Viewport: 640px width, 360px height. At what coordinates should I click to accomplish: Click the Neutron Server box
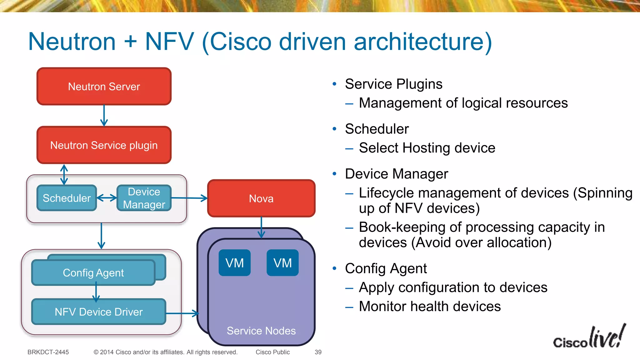(x=104, y=87)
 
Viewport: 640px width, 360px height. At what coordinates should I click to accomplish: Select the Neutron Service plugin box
(x=104, y=145)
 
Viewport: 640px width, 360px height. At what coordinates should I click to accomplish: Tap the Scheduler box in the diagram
(x=67, y=198)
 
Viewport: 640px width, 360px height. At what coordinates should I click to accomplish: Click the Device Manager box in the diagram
(x=144, y=198)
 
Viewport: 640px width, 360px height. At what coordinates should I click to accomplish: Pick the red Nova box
(x=261, y=198)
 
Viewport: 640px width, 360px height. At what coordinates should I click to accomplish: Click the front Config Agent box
(x=93, y=273)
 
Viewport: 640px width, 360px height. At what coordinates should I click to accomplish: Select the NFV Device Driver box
(x=98, y=312)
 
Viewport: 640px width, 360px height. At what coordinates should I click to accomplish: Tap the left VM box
(x=234, y=263)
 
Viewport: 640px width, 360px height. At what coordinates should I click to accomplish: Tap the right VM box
(x=282, y=263)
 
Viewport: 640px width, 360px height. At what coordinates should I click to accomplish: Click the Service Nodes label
(x=261, y=331)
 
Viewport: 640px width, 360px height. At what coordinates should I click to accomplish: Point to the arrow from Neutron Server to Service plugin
(x=104, y=116)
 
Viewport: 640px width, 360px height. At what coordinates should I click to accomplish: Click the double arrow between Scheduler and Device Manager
(x=107, y=198)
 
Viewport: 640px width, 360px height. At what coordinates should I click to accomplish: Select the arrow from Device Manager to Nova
(x=189, y=198)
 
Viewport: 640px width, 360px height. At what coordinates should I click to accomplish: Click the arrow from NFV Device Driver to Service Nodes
(x=182, y=313)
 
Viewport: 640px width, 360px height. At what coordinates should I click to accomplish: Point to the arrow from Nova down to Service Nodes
(x=262, y=227)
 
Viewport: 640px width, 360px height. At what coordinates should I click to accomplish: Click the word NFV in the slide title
(x=169, y=42)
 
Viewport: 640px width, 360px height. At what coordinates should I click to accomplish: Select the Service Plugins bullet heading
(x=393, y=84)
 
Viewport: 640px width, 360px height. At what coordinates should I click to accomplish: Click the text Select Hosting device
(x=427, y=148)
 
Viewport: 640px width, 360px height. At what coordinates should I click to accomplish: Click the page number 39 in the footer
(x=318, y=352)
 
